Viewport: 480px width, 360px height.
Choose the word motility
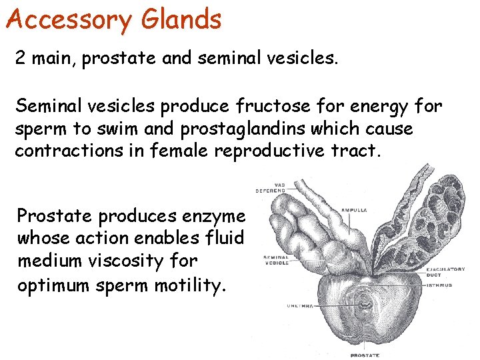(x=192, y=285)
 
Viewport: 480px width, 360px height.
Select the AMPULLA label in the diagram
(x=354, y=210)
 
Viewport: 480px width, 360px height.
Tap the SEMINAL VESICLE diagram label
(x=276, y=260)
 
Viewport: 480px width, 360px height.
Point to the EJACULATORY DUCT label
(x=445, y=272)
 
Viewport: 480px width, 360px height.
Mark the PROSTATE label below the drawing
(x=365, y=355)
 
